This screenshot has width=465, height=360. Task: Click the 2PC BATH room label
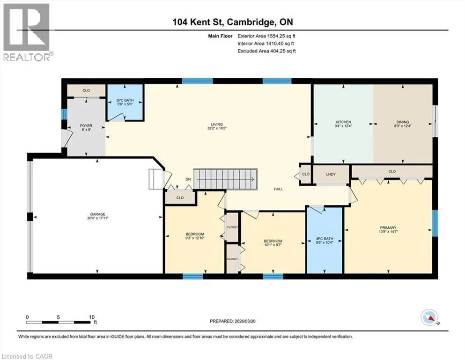[x=125, y=100]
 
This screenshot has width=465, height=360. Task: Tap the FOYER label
[x=86, y=126]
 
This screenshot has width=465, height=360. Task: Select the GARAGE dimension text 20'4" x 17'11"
[x=97, y=218]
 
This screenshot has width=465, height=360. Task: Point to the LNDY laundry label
[x=331, y=174]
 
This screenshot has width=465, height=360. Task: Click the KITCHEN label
[x=343, y=122]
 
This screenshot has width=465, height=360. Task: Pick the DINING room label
[x=402, y=122]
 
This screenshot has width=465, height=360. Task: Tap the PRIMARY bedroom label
[x=388, y=228]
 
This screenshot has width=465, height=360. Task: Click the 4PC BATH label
[x=325, y=239]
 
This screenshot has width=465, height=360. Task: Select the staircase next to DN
[x=225, y=179]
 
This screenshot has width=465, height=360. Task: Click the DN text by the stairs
[x=188, y=179]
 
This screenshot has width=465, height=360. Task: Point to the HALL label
[x=278, y=189]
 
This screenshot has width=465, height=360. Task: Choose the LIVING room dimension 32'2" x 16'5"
[x=217, y=128]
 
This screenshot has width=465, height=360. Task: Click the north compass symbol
[x=429, y=317]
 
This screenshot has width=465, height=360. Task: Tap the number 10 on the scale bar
[x=92, y=317]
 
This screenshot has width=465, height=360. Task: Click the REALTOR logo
[x=27, y=32]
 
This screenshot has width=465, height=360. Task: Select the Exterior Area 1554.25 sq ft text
[x=266, y=36]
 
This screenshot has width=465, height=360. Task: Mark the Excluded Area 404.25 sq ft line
[x=266, y=51]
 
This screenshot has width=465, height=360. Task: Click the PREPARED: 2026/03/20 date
[x=232, y=321]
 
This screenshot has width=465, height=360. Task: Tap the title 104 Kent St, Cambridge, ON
[x=233, y=22]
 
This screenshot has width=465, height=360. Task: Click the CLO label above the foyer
[x=86, y=90]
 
